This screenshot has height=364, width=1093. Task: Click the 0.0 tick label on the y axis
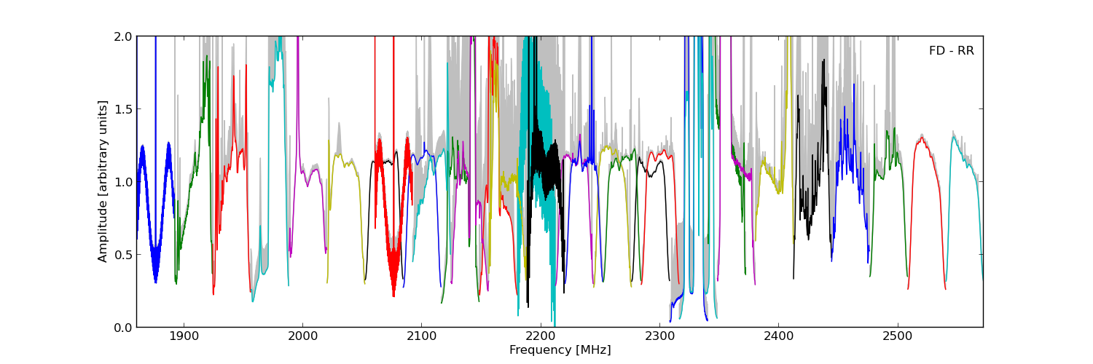tap(123, 328)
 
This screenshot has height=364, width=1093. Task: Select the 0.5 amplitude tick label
tap(123, 255)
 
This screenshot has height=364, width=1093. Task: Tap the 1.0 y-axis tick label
tap(123, 182)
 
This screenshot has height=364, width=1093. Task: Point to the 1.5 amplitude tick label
tap(123, 109)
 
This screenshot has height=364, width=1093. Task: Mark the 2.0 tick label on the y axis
tap(123, 36)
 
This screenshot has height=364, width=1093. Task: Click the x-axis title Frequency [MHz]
tap(560, 350)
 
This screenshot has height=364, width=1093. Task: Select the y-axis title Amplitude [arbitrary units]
tap(103, 181)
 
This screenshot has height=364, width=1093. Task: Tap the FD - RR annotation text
tap(951, 51)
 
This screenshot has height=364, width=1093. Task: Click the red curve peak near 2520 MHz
tap(922, 138)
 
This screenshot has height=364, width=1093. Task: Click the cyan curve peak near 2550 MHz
tap(955, 136)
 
